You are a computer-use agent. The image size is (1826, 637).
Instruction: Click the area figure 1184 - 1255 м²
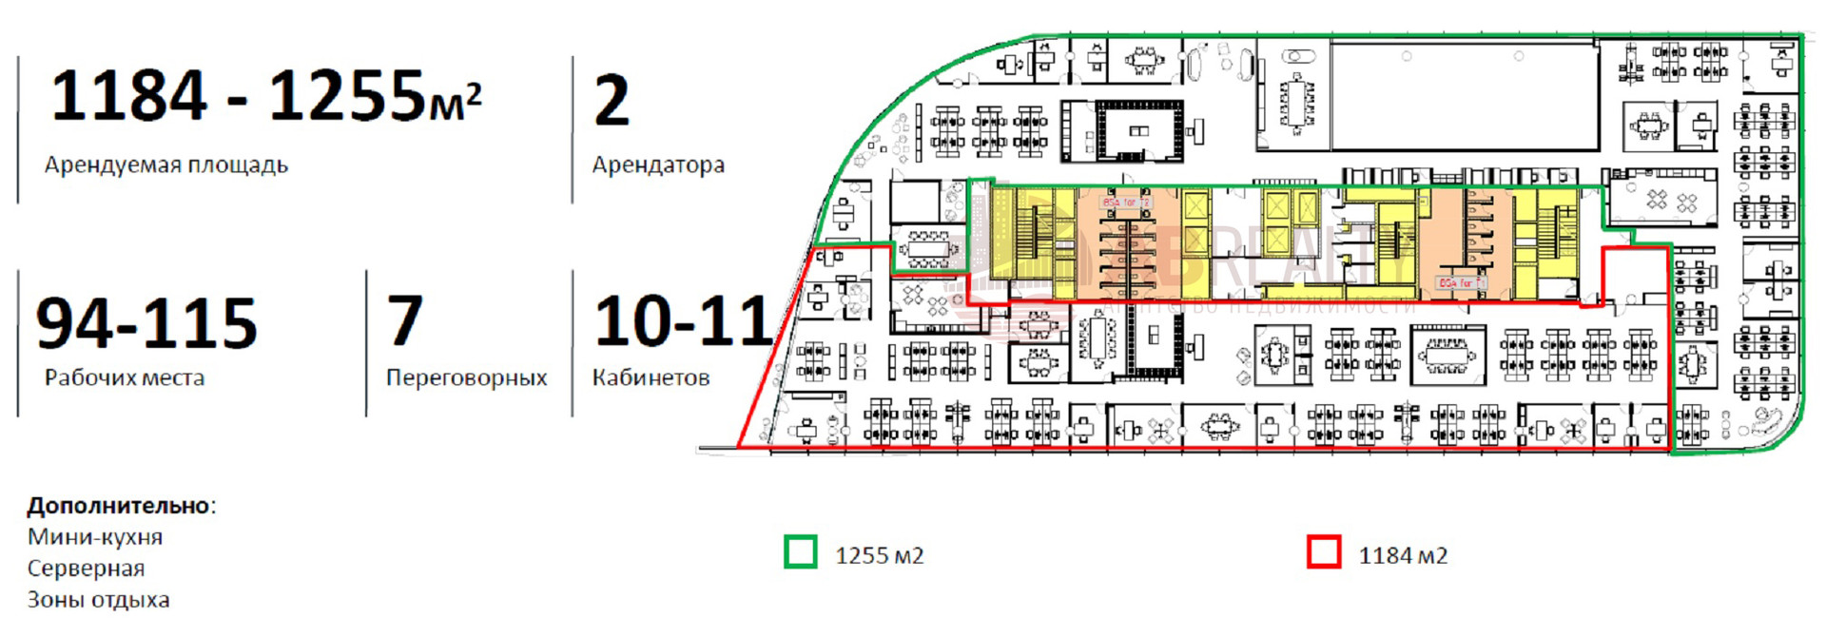(265, 96)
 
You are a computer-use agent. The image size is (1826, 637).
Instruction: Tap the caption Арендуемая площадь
(165, 165)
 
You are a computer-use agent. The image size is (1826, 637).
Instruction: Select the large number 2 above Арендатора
(612, 101)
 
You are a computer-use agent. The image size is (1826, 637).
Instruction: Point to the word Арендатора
(658, 165)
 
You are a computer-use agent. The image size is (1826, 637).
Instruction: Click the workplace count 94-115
(146, 323)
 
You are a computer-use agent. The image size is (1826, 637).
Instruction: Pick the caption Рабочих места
(124, 378)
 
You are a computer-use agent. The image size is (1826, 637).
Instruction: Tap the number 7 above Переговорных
(404, 320)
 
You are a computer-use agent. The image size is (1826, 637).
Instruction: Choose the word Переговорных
(466, 378)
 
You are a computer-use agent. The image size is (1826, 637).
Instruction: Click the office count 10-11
(682, 321)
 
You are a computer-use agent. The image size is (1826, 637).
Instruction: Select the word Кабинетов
(651, 378)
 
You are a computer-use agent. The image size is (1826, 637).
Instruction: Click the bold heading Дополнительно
(118, 505)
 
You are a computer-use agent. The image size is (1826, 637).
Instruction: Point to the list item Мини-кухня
(95, 537)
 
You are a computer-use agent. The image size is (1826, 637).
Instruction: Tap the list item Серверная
(86, 569)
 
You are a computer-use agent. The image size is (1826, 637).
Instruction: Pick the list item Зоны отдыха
(98, 600)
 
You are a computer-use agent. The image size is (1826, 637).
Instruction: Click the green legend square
(800, 552)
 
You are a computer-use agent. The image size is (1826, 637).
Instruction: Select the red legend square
(1324, 552)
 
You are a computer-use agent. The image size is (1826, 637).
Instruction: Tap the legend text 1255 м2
(879, 555)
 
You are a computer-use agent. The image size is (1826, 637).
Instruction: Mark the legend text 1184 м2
(1403, 555)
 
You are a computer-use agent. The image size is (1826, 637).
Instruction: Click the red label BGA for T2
(1125, 203)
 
